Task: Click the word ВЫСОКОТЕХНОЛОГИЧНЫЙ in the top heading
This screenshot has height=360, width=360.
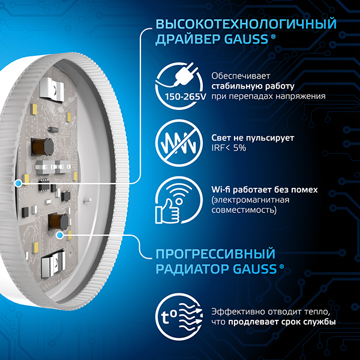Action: [245, 25]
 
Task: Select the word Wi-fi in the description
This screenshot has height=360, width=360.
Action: [221, 190]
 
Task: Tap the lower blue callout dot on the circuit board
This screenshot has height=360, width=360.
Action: [59, 236]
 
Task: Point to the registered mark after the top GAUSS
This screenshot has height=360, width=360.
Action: [274, 37]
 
